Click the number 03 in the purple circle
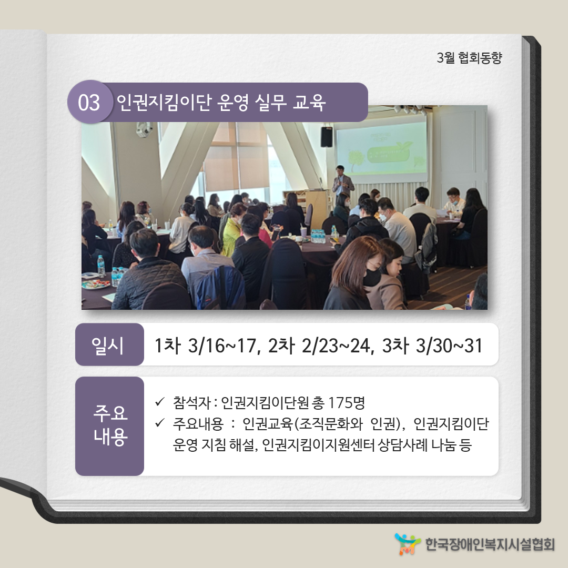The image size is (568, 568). click(89, 103)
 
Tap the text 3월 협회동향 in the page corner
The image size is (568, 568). click(469, 58)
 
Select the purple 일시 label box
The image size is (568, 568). click(109, 344)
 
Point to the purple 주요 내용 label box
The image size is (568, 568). click(109, 426)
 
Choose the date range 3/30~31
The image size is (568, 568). click(449, 345)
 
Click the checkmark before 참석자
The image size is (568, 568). click(160, 402)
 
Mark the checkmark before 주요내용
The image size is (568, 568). click(160, 422)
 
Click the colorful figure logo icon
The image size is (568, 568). click(408, 544)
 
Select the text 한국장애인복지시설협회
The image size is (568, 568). click(490, 544)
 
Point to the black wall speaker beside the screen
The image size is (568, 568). click(327, 137)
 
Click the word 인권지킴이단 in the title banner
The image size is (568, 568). click(164, 102)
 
